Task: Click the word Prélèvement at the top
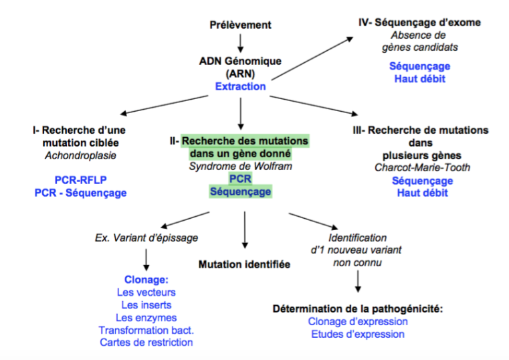240,25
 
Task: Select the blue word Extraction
240,86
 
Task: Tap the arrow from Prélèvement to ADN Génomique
240,41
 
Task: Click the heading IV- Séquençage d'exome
419,23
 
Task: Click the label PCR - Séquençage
80,193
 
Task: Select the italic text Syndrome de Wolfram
240,166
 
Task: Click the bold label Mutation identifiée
244,264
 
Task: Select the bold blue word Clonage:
145,280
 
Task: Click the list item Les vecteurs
145,292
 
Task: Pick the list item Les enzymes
145,317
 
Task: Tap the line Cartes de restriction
146,342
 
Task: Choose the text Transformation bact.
145,330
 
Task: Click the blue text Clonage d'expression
358,321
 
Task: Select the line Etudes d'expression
358,334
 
